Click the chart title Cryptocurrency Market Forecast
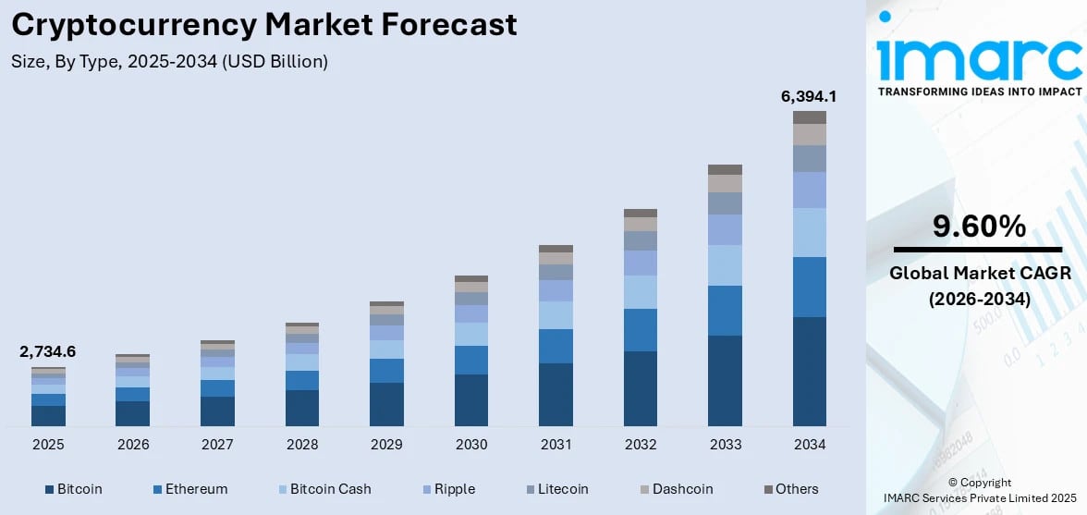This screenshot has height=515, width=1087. pyautogui.click(x=264, y=25)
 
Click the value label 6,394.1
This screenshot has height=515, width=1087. pyautogui.click(x=810, y=95)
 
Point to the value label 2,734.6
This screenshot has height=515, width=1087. pyautogui.click(x=48, y=351)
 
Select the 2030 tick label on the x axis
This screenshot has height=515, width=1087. pyautogui.click(x=471, y=445)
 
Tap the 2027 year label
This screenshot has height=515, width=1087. pyautogui.click(x=217, y=445)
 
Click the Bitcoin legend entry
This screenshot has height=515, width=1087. pyautogui.click(x=73, y=488)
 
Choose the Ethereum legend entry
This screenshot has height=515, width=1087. pyautogui.click(x=189, y=488)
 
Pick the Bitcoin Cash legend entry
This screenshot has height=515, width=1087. pyautogui.click(x=323, y=488)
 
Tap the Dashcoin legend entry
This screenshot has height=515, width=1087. pyautogui.click(x=674, y=488)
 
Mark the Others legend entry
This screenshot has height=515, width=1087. pyautogui.click(x=791, y=488)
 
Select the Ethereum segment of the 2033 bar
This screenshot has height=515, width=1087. pyautogui.click(x=726, y=311)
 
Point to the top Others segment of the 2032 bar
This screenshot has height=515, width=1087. pyautogui.click(x=641, y=214)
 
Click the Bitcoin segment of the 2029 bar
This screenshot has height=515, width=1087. pyautogui.click(x=386, y=404)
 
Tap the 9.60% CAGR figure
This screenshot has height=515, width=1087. pyautogui.click(x=978, y=227)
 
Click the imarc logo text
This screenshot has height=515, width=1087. pyautogui.click(x=978, y=60)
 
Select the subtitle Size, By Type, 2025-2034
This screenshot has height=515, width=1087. pyautogui.click(x=170, y=62)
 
